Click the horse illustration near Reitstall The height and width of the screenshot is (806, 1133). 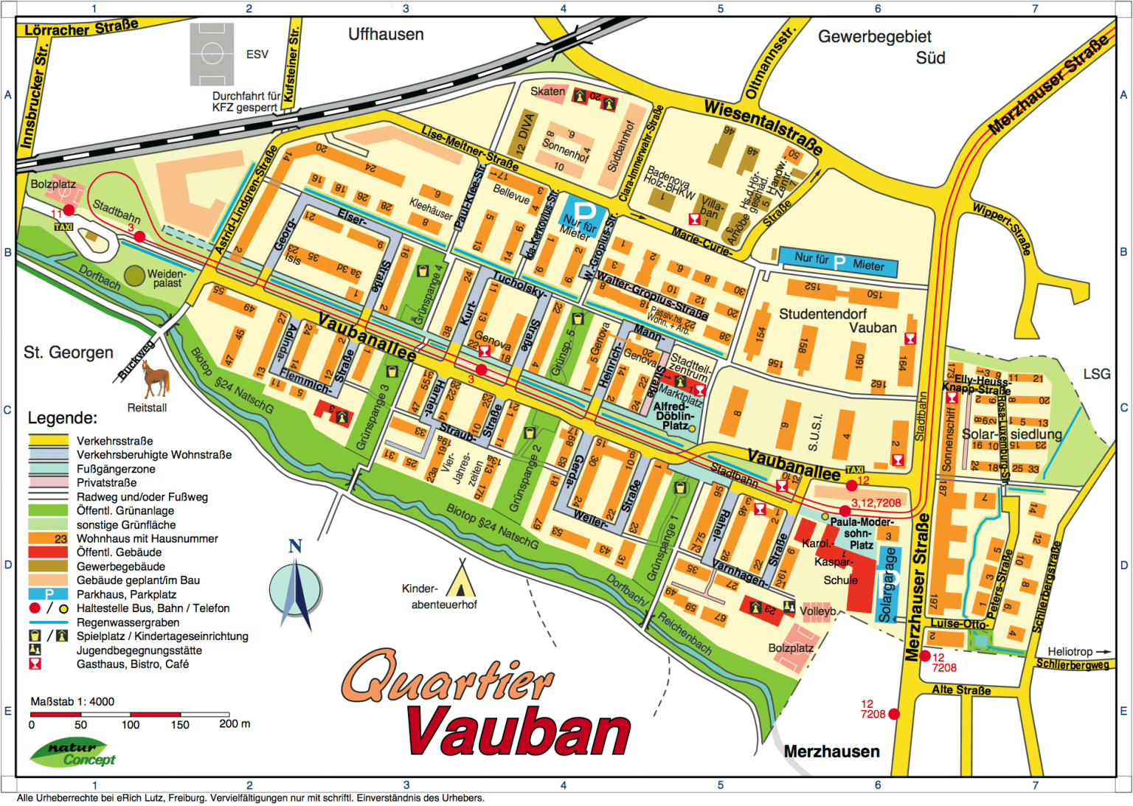pos(156,378)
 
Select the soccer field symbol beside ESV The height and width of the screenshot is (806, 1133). pos(212,54)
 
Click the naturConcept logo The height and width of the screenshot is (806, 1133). pos(73,753)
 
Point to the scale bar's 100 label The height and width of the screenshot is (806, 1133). pos(131,725)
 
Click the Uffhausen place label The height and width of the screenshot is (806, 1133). pos(386,35)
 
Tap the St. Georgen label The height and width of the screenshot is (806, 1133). pos(69,352)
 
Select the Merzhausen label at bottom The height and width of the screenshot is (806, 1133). pos(831,751)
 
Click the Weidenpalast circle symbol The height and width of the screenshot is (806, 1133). pos(134,276)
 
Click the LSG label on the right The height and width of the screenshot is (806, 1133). pos(1096,374)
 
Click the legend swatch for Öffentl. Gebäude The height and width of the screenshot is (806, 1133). pos(48,552)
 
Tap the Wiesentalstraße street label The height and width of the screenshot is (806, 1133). pos(763,127)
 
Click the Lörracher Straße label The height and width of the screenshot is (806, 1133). pos(81,29)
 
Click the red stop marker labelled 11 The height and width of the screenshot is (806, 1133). pos(69,210)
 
